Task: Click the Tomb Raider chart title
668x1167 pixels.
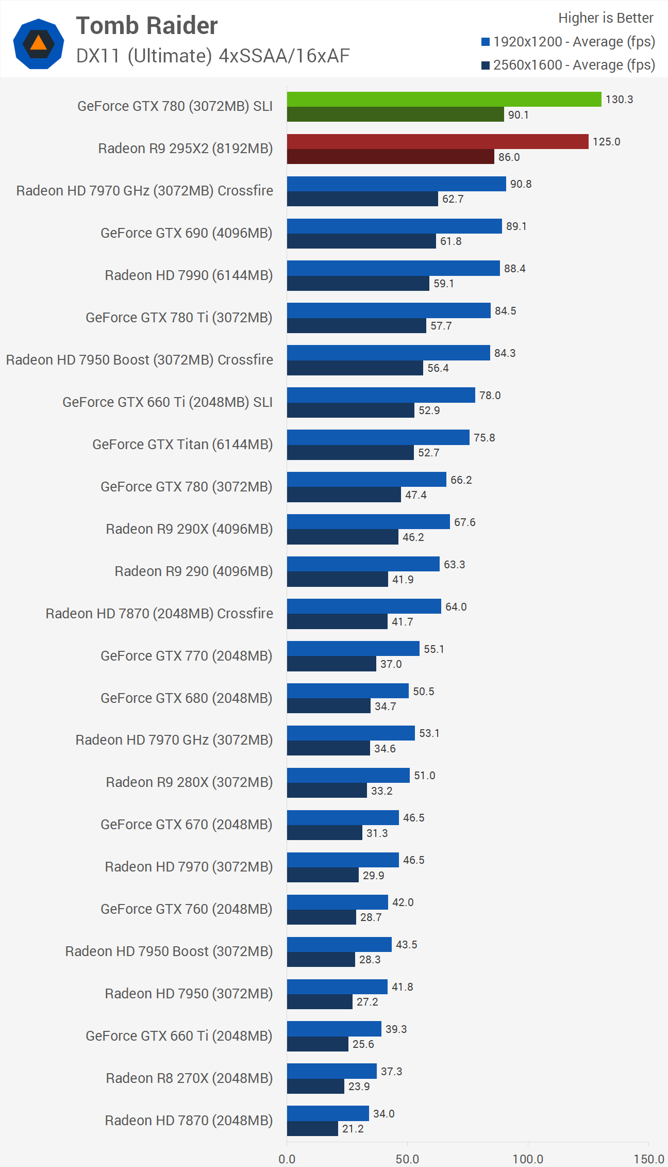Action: pos(147,26)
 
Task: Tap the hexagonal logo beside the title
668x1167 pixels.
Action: pos(39,44)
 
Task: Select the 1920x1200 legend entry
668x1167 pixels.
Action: pos(569,42)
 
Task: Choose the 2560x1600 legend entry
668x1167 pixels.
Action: pos(569,65)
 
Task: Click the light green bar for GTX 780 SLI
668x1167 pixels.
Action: pos(444,100)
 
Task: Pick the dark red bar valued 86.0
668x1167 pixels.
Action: pos(390,157)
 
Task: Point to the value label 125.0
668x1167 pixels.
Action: pos(606,142)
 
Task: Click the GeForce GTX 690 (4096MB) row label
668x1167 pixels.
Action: pos(186,233)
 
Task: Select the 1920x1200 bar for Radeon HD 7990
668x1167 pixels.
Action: pos(393,268)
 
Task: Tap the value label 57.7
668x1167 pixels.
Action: pos(441,326)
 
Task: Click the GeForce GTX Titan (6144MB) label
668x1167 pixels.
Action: pos(182,445)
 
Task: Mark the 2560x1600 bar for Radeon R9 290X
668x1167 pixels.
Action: pos(342,537)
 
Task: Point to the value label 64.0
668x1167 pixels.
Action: pos(456,607)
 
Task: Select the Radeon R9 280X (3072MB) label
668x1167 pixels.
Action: pos(189,782)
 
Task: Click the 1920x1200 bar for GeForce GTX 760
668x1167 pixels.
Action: pos(337,902)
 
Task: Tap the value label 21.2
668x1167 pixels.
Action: pos(353,1129)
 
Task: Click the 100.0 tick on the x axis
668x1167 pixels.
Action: pos(528,1159)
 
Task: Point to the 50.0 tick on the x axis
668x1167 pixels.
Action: pos(407,1159)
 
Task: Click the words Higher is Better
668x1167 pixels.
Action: pos(606,18)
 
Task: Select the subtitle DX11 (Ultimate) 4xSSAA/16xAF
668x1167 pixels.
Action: pos(213,56)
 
